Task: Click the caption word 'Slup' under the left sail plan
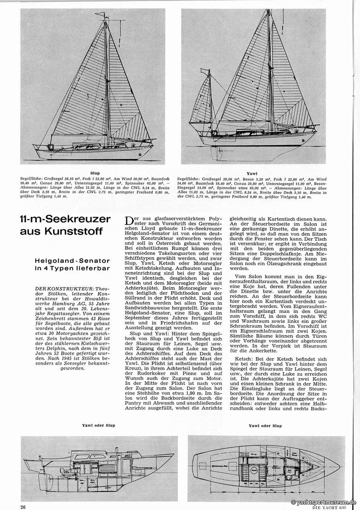95,173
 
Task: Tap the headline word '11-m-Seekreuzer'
65,220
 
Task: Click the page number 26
23,507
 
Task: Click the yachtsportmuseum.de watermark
324,502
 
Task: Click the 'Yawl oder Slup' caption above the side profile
98,424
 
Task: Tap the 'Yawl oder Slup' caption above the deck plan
265,425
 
